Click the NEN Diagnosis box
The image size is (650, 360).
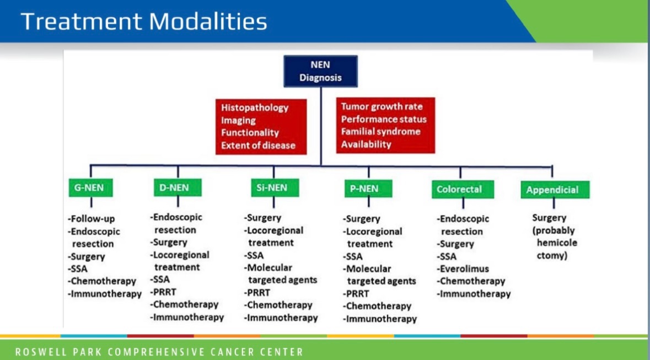click(x=320, y=71)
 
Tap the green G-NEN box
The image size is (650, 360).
click(x=90, y=188)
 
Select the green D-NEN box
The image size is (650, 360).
click(x=178, y=187)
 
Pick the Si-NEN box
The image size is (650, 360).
click(x=275, y=187)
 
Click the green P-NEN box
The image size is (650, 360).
click(x=368, y=189)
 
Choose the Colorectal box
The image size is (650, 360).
click(x=463, y=189)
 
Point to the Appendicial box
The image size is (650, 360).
click(x=555, y=190)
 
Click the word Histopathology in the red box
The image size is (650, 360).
click(x=255, y=108)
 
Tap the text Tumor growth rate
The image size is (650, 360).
click(x=382, y=106)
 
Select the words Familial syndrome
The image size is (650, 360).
click(x=380, y=131)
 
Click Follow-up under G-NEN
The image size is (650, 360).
click(x=91, y=218)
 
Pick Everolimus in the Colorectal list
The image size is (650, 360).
click(x=463, y=268)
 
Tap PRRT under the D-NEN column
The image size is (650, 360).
click(x=159, y=292)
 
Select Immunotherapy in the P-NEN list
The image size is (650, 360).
click(x=380, y=319)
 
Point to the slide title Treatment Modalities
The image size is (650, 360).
click(x=144, y=22)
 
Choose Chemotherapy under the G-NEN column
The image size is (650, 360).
click(x=102, y=281)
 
